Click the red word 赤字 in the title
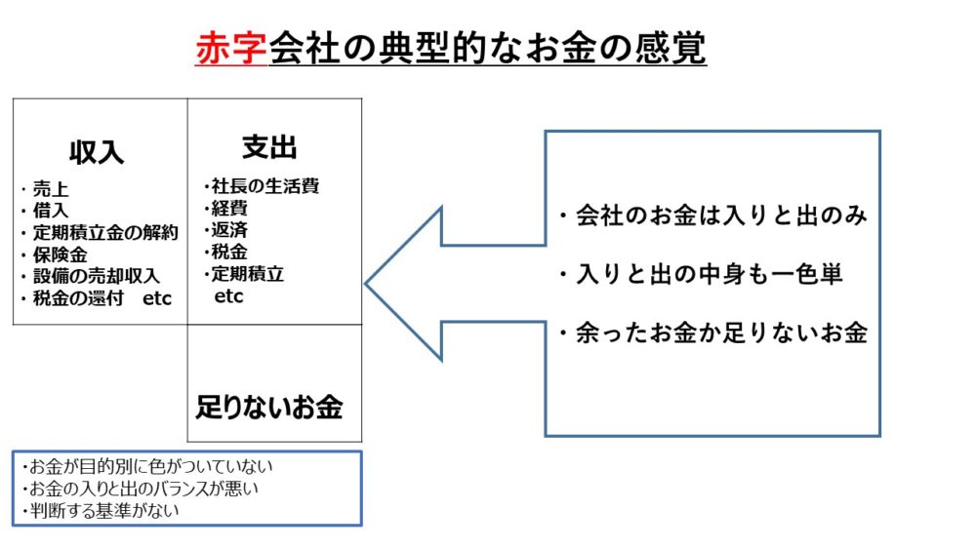[x=230, y=48]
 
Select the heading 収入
[x=97, y=153]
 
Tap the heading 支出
[x=269, y=147]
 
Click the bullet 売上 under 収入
[x=49, y=190]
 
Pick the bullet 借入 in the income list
[x=49, y=212]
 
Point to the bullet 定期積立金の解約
[x=101, y=233]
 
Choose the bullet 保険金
[x=60, y=255]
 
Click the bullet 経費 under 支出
[x=230, y=207]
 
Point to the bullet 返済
[x=230, y=229]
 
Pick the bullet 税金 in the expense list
[x=230, y=252]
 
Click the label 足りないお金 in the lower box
[x=269, y=407]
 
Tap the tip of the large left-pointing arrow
[x=368, y=284]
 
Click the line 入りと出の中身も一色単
[x=701, y=275]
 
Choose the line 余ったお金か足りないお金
[x=712, y=334]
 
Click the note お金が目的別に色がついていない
[x=146, y=466]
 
